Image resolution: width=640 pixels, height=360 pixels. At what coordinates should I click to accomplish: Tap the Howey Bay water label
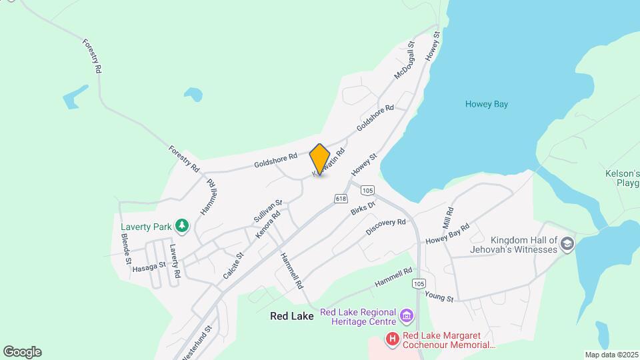coord(487,104)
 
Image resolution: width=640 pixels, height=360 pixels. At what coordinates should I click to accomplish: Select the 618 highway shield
coord(341,199)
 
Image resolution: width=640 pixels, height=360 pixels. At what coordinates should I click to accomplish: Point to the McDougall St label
coord(405,61)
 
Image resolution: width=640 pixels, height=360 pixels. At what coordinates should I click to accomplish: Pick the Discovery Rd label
coord(386,227)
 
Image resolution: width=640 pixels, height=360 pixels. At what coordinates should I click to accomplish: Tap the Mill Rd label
coord(447,217)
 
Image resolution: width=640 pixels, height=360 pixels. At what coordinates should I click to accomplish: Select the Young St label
coord(439,297)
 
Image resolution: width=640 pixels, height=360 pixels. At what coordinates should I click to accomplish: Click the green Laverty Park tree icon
coord(182,227)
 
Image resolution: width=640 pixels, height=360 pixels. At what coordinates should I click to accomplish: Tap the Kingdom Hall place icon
coord(567,243)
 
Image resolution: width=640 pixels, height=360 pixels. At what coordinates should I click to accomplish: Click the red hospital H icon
coord(393,340)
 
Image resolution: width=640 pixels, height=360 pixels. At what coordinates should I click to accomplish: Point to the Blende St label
coord(125,253)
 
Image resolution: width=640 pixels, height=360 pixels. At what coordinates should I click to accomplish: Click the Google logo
coord(22,352)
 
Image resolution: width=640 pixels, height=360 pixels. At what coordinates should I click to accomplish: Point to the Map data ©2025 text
coord(611,355)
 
